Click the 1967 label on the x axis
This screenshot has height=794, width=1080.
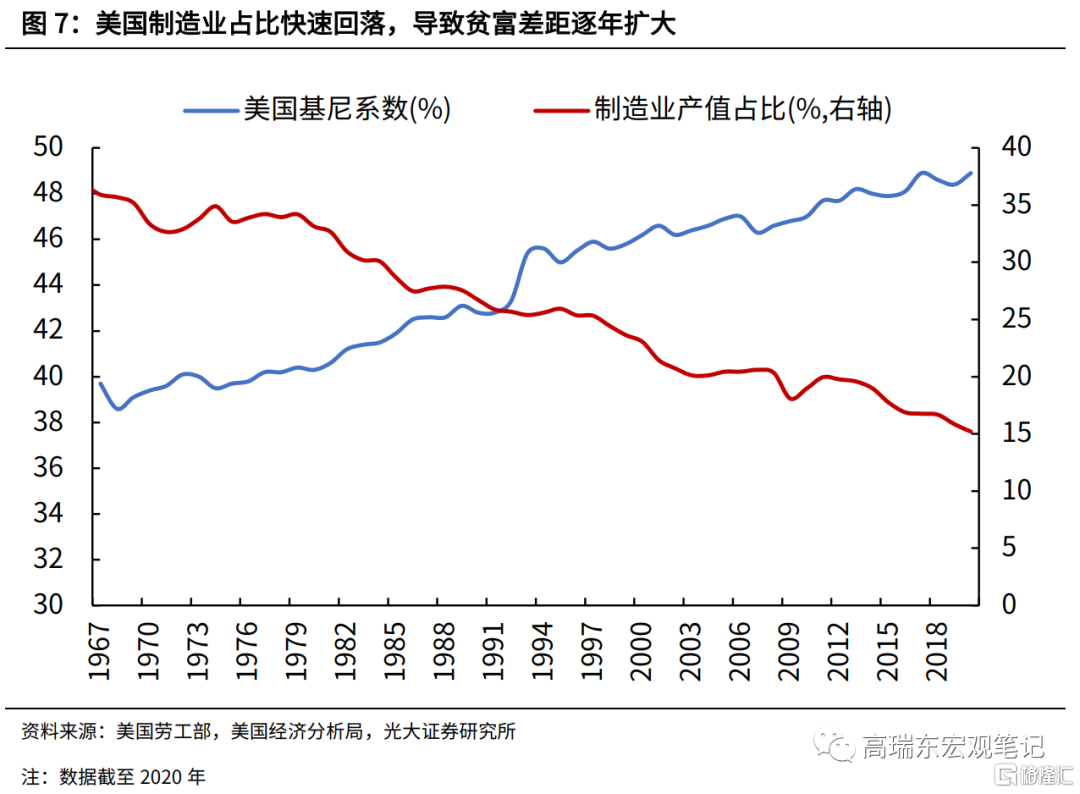pos(98,651)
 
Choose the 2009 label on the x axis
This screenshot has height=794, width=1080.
pos(786,651)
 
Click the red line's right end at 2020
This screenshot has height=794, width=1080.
pos(971,432)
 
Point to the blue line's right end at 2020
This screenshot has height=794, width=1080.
pos(971,173)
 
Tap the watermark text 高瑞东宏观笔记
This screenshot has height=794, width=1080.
pos(952,746)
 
